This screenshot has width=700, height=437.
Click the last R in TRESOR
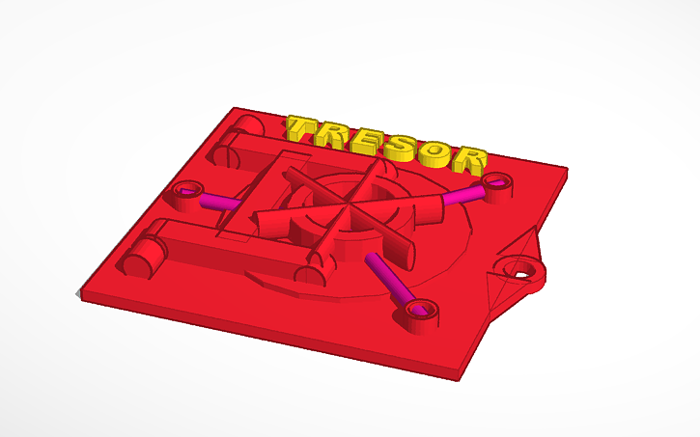click(x=471, y=158)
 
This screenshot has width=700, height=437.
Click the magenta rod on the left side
click(x=221, y=202)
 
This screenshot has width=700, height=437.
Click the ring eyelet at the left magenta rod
click(x=187, y=188)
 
